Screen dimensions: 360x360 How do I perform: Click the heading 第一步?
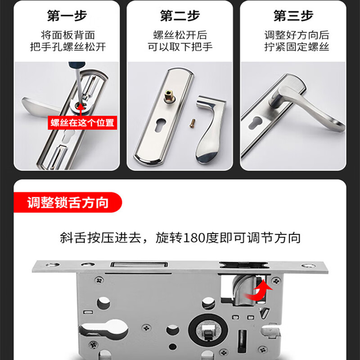(67, 17)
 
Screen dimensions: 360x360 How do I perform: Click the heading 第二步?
(180, 17)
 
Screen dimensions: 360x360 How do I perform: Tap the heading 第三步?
(293, 17)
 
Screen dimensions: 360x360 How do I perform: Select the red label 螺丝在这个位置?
(82, 122)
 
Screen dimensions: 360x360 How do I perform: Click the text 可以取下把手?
(180, 46)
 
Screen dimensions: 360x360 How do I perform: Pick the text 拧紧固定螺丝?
(296, 46)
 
